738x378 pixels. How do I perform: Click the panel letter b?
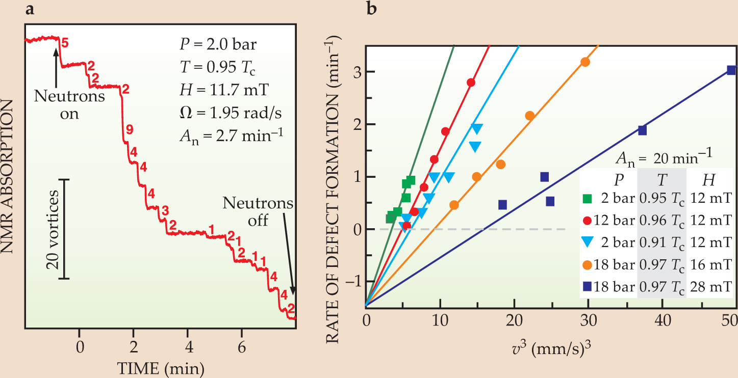pyautogui.click(x=372, y=9)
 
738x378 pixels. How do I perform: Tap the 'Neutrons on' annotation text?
pyautogui.click(x=69, y=104)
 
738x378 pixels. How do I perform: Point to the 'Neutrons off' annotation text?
pyautogui.click(x=259, y=212)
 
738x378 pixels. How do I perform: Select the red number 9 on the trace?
pyautogui.click(x=130, y=130)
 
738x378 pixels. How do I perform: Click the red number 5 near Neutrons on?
pyautogui.click(x=64, y=43)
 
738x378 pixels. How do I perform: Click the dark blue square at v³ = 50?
pyautogui.click(x=731, y=70)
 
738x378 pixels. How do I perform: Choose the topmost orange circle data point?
pyautogui.click(x=585, y=62)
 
